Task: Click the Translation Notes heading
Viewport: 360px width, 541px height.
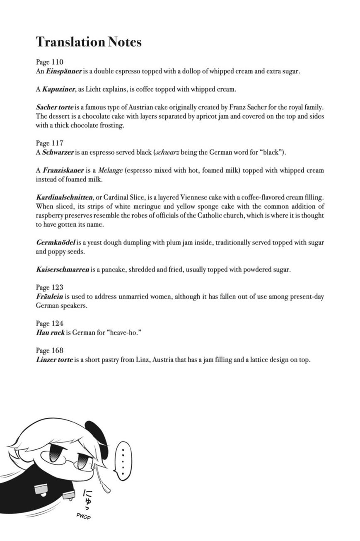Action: tap(89, 42)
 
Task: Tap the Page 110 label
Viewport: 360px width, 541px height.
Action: tap(49, 62)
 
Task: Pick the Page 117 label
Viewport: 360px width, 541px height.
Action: tap(49, 143)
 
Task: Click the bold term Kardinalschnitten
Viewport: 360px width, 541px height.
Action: tap(64, 197)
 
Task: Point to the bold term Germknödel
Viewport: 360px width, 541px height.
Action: tap(55, 243)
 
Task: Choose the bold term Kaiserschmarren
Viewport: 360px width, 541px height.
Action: tap(63, 269)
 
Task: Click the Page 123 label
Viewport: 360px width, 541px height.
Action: tap(49, 287)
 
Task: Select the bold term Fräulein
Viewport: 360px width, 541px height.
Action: tap(49, 296)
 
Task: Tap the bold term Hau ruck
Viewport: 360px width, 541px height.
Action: tap(50, 332)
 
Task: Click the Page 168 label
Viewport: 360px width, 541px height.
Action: tap(49, 350)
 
